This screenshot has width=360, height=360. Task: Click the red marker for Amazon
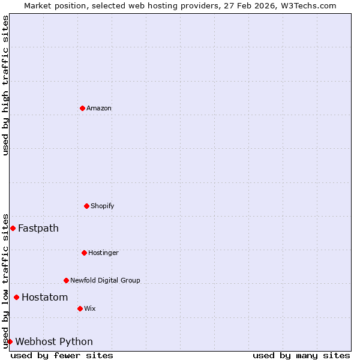pyautogui.click(x=82, y=108)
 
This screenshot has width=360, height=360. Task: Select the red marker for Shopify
pyautogui.click(x=86, y=206)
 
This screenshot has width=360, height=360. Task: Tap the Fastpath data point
pyautogui.click(x=13, y=228)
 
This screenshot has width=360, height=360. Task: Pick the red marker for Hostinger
pyautogui.click(x=84, y=253)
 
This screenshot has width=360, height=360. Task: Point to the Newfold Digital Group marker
pyautogui.click(x=66, y=280)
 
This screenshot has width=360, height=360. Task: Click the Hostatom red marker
pyautogui.click(x=16, y=297)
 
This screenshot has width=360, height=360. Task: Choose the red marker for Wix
pyautogui.click(x=80, y=308)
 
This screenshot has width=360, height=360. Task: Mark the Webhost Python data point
pyautogui.click(x=10, y=341)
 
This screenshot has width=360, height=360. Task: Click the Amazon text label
pyautogui.click(x=99, y=108)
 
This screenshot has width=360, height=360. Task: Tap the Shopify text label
pyautogui.click(x=103, y=206)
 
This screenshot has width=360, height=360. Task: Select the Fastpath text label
pyautogui.click(x=38, y=228)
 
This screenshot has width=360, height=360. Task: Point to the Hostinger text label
pyautogui.click(x=103, y=253)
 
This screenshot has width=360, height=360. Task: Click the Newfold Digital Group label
pyautogui.click(x=105, y=280)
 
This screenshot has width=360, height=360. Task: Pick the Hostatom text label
pyautogui.click(x=45, y=297)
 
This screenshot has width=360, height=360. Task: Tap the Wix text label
pyautogui.click(x=90, y=308)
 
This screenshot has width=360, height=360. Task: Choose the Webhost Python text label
pyautogui.click(x=54, y=341)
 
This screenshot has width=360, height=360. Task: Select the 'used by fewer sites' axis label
pyautogui.click(x=62, y=355)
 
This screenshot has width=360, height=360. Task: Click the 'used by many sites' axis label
pyautogui.click(x=301, y=355)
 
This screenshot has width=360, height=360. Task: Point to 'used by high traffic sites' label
pyautogui.click(x=5, y=85)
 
